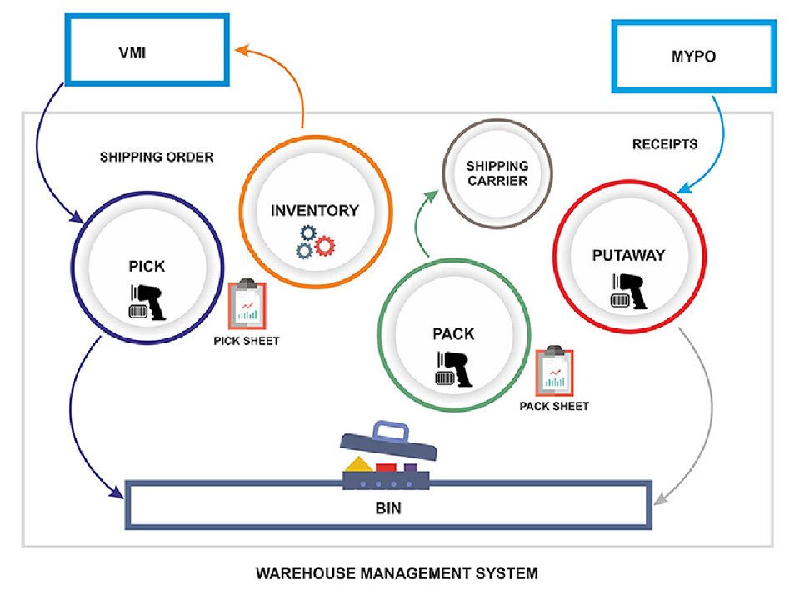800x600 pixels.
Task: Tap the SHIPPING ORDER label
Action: point(157,157)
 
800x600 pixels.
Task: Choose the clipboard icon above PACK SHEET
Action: point(552,372)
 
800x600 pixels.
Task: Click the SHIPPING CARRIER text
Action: point(497,173)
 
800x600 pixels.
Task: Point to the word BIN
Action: point(387,506)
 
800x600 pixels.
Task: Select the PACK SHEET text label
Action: point(553,407)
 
